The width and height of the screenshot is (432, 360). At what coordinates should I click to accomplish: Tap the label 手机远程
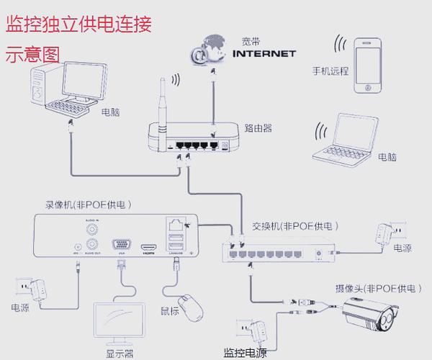[x=330, y=71]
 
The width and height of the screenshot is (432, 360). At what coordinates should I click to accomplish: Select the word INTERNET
[x=265, y=53]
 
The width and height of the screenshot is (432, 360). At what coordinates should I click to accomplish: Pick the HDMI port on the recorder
[x=149, y=246]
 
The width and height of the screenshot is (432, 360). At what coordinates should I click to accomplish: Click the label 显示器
[x=120, y=354]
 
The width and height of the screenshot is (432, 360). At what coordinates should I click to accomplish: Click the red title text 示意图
[x=33, y=53]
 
